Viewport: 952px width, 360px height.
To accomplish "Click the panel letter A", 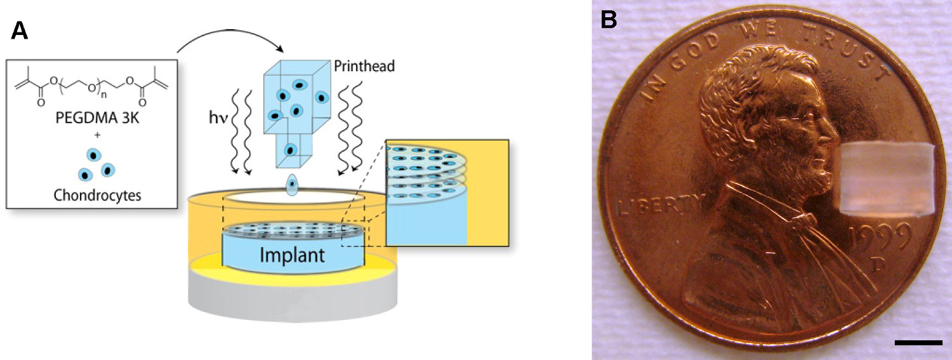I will (20, 30).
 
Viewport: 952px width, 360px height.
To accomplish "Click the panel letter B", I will (609, 20).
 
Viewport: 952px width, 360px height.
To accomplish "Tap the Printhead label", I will (363, 66).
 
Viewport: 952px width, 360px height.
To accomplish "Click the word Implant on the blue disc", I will (293, 255).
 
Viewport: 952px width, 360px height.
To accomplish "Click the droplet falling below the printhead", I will (293, 186).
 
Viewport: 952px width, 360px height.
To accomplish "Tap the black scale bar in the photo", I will (918, 343).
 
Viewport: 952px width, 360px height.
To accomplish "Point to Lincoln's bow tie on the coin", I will (801, 220).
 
